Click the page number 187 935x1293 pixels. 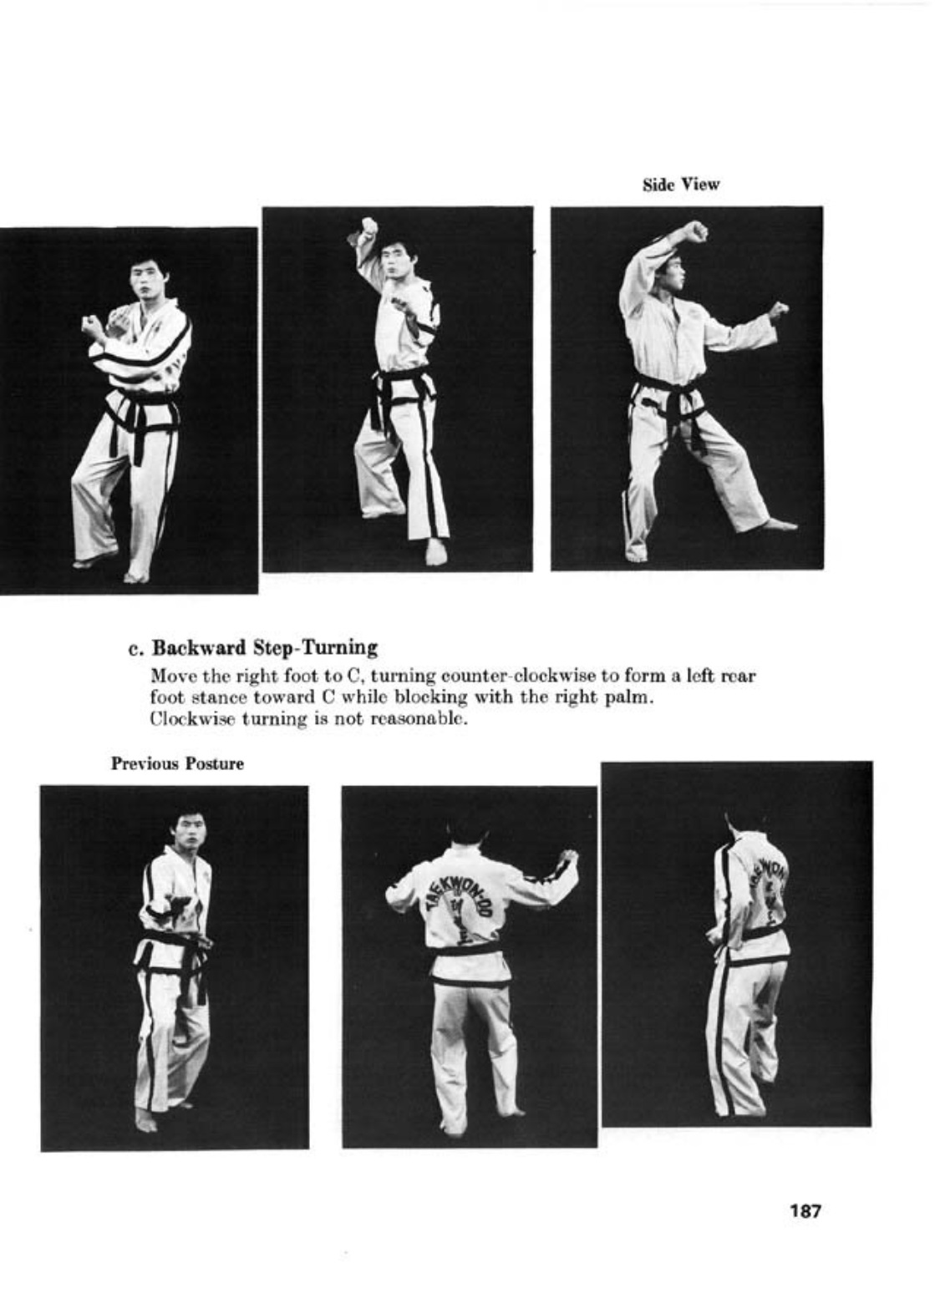click(805, 1209)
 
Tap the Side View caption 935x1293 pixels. click(680, 185)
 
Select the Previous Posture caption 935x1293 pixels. click(177, 763)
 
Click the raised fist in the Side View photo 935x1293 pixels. click(694, 231)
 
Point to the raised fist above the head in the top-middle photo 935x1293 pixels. click(368, 227)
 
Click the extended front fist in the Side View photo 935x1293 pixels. click(778, 311)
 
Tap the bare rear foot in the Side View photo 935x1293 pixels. click(779, 525)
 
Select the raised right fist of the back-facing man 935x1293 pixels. click(569, 858)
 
